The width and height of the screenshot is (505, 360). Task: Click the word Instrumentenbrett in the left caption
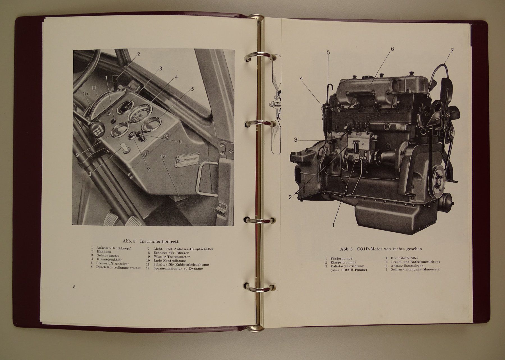(x=159, y=241)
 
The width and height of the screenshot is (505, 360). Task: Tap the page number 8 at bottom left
(x=74, y=286)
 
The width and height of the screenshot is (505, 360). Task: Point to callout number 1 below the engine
(x=333, y=225)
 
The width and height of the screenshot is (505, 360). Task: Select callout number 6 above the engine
(x=392, y=49)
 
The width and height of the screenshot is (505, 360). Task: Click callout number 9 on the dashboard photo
(x=77, y=154)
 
